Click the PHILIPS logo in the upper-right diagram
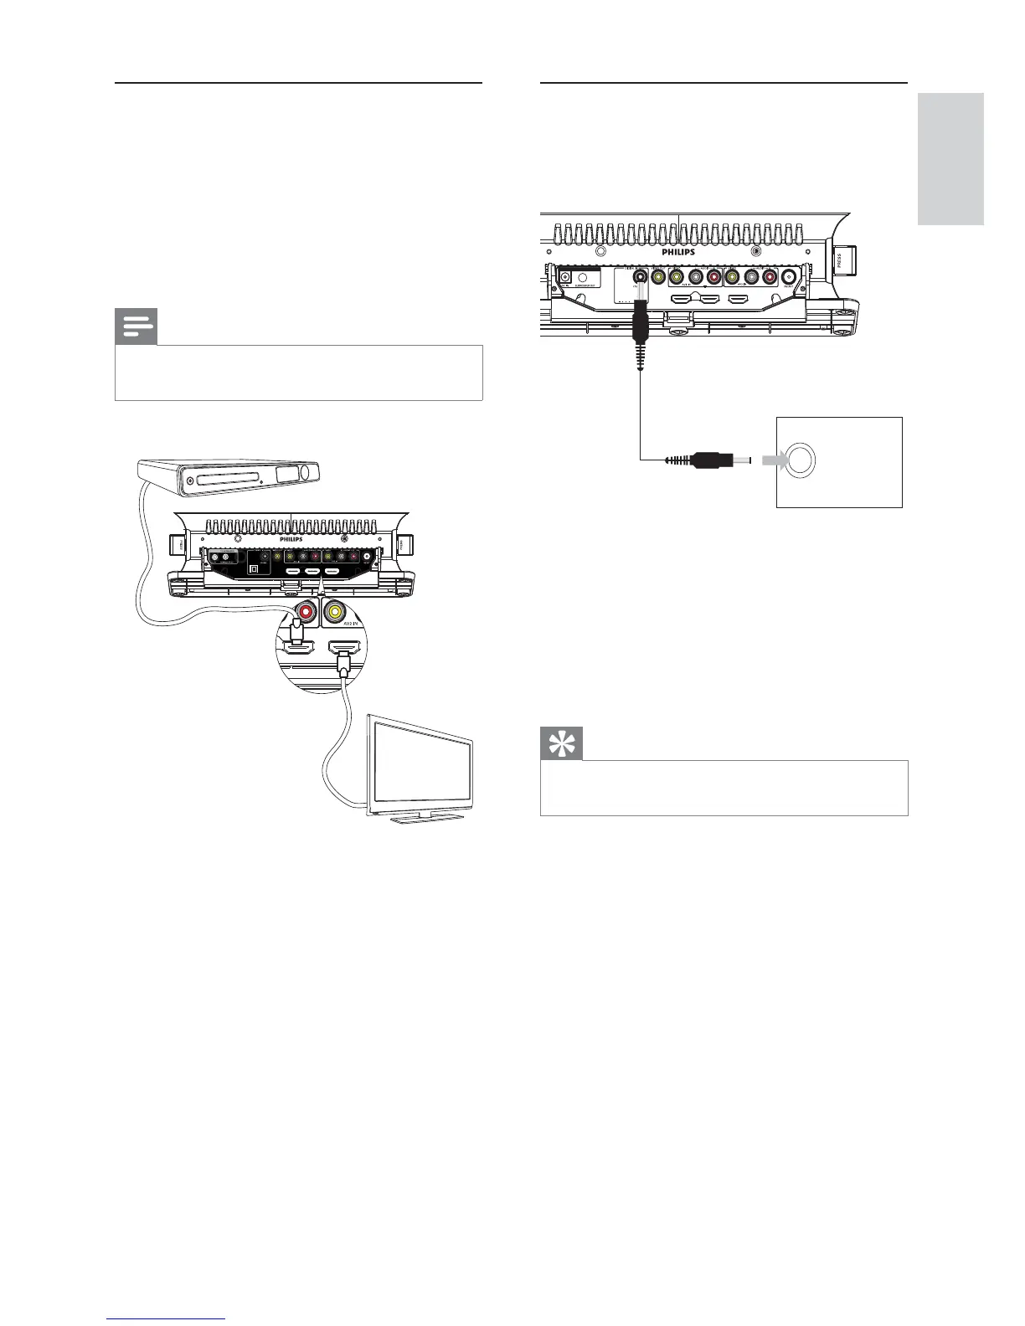pyautogui.click(x=678, y=251)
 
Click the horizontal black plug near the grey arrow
pyautogui.click(x=712, y=460)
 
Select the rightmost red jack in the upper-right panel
pyautogui.click(x=769, y=279)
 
